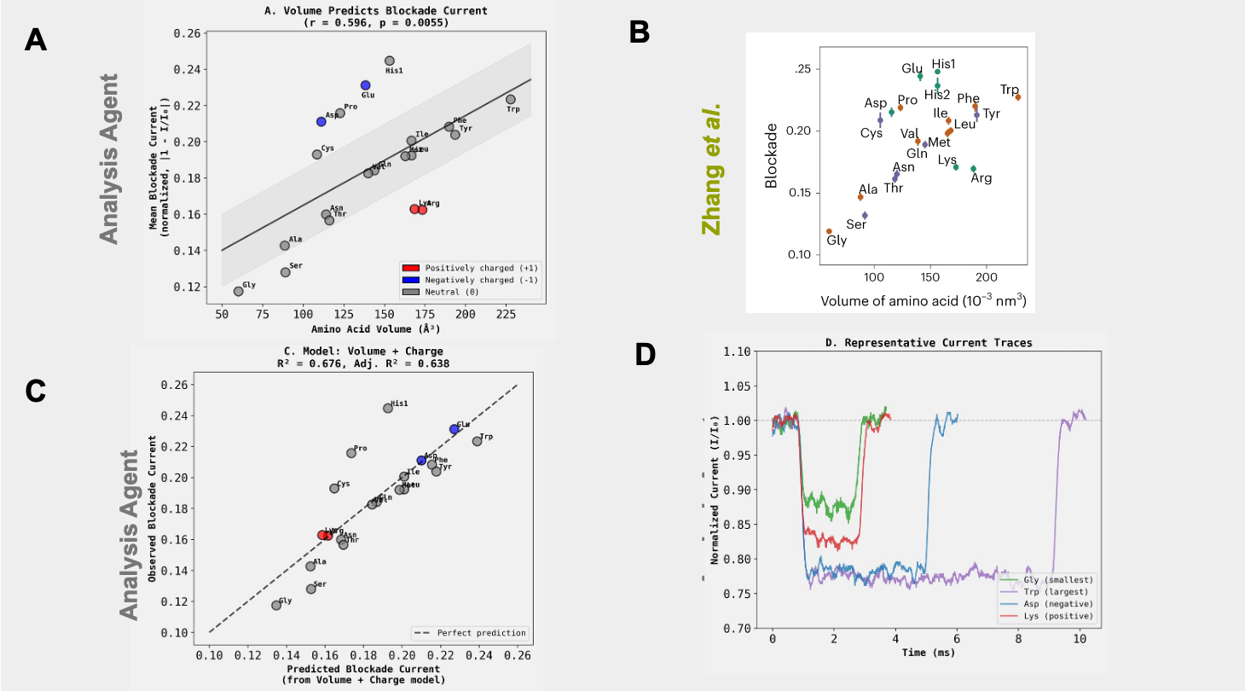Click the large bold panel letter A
coord(35,39)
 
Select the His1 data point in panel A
coord(390,61)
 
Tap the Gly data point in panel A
coord(239,291)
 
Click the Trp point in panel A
coord(511,100)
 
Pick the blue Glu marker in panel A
coord(366,85)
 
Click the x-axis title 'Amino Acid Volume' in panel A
coord(377,328)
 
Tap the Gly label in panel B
coord(837,241)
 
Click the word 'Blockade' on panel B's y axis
coord(771,154)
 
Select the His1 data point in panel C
coord(388,408)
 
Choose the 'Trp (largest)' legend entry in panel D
coord(1054,592)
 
